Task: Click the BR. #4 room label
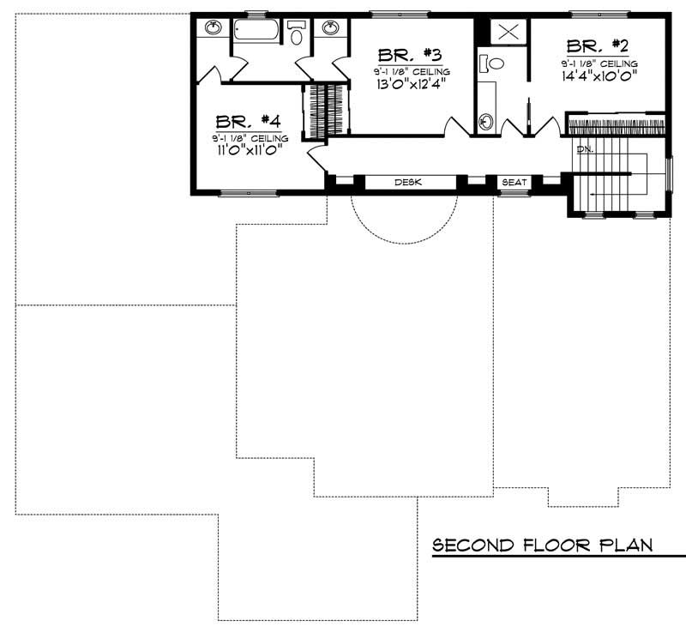(247, 122)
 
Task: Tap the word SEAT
(514, 183)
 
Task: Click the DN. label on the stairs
(586, 149)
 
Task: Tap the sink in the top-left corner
(213, 28)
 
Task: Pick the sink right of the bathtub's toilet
(330, 28)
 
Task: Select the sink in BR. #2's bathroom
(486, 121)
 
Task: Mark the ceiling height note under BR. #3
(412, 71)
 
